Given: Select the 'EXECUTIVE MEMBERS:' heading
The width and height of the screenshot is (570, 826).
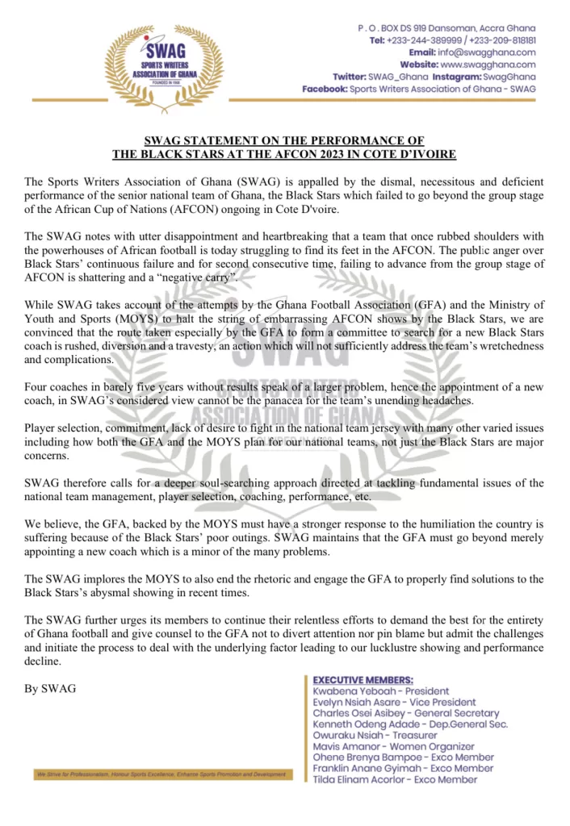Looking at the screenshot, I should click(363, 680).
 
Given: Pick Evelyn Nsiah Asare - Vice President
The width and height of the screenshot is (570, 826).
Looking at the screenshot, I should click(394, 703).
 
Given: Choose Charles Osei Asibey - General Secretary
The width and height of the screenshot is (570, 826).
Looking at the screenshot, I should click(405, 714).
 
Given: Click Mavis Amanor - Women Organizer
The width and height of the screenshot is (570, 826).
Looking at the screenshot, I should click(393, 747).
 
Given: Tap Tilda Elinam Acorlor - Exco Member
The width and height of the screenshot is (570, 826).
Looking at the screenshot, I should click(394, 780).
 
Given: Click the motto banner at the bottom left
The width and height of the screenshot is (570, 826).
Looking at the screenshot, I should click(161, 774).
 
